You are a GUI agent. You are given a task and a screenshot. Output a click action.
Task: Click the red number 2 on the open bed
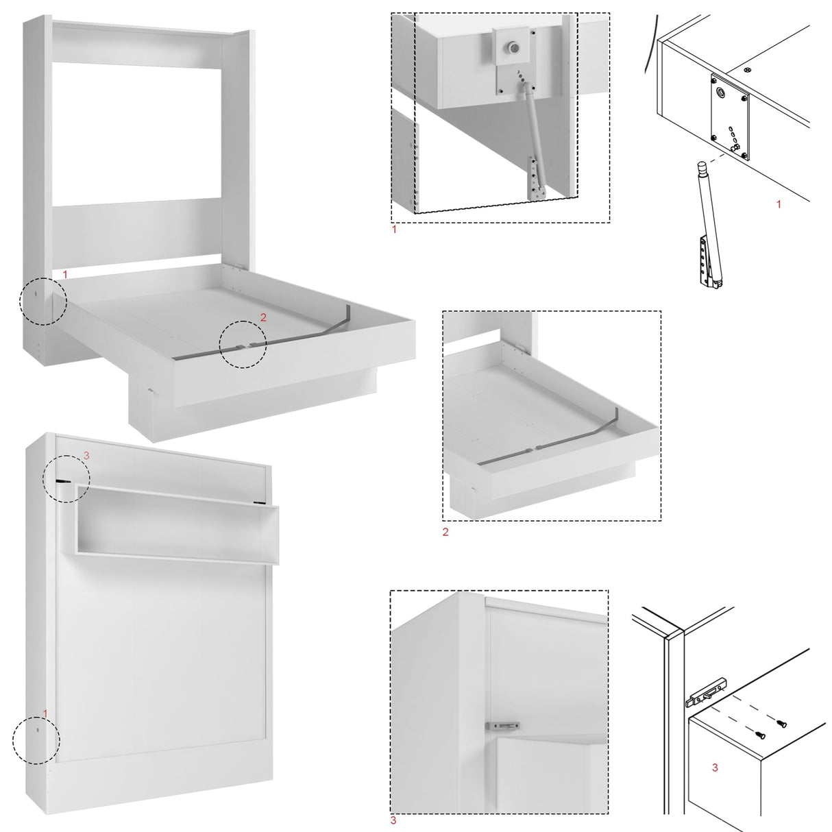point(263,317)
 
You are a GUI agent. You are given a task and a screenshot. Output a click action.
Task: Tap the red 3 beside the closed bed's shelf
point(86,455)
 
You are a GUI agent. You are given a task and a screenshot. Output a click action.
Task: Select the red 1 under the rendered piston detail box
point(394,230)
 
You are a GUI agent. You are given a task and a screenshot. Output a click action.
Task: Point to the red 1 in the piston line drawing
point(778,204)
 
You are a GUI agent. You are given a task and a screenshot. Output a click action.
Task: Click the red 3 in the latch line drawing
point(715,768)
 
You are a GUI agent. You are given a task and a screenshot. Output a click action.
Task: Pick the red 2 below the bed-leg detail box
point(445,532)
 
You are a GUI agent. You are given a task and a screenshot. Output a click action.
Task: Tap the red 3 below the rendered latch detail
point(393,820)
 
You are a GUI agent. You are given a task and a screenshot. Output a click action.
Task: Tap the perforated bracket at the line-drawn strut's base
point(705,260)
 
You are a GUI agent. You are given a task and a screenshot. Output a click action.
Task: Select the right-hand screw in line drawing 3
point(781,722)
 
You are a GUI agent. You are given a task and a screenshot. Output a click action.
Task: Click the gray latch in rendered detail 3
point(502,725)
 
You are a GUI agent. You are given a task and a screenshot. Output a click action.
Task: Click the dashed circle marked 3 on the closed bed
point(66,478)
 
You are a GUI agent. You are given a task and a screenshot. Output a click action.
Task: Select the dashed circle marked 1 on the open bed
point(42,301)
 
